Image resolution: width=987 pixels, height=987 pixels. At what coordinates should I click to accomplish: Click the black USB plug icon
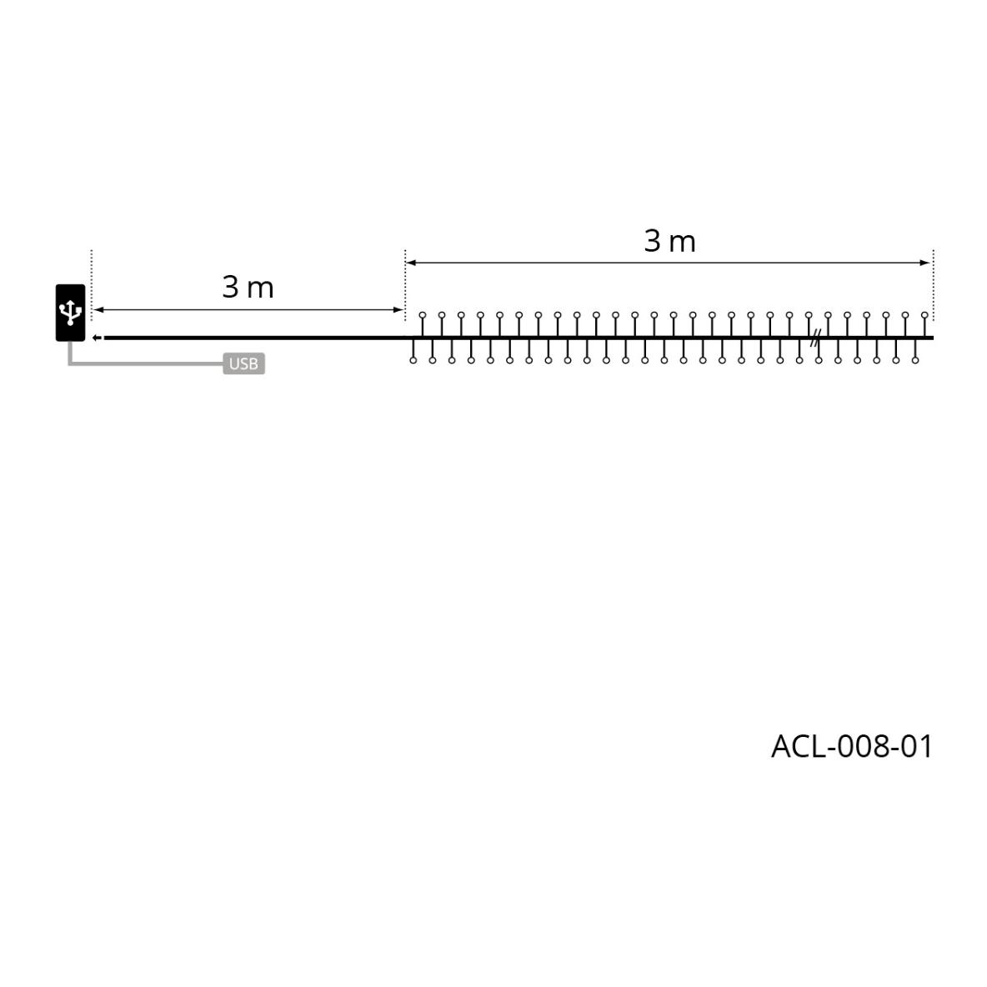71,313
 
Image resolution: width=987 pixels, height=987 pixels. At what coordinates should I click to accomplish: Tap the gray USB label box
243,363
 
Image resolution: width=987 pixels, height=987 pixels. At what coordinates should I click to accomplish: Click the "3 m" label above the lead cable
248,288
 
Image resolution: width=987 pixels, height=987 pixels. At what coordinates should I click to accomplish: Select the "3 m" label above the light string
669,241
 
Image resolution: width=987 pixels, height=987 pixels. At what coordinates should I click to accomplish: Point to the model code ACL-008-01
851,747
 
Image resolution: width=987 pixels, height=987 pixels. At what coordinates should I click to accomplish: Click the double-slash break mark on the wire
815,338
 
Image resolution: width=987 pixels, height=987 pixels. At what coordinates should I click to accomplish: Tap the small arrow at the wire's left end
97,338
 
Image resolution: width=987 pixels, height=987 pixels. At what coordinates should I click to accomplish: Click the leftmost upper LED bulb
423,315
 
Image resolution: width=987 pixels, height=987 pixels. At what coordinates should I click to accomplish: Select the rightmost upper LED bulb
924,315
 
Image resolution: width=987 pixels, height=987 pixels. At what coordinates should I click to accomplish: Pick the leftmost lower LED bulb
413,360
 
